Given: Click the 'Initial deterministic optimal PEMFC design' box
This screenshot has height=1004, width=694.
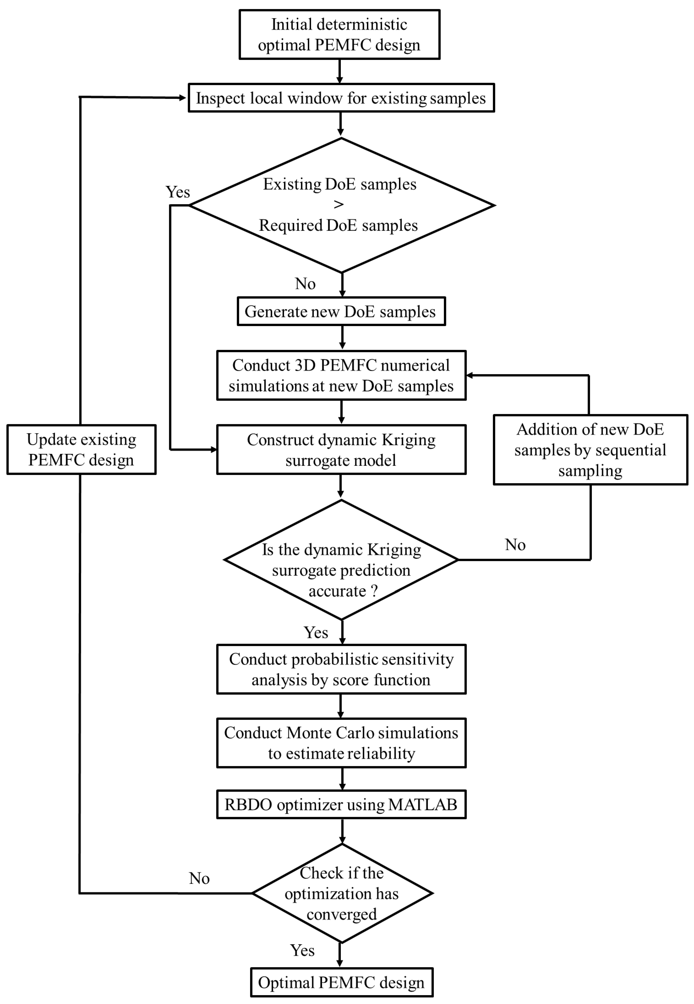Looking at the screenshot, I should (339, 35).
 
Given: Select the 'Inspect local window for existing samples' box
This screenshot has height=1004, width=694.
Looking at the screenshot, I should (341, 98).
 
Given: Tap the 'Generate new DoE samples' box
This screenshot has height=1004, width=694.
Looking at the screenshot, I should (341, 311).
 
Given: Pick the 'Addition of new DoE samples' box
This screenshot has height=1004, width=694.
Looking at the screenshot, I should (590, 450).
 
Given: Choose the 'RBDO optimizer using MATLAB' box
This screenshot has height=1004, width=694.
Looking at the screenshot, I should (341, 804).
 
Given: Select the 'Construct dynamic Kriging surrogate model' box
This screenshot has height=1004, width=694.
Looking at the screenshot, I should (341, 450).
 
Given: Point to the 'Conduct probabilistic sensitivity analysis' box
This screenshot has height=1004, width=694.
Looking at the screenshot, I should (341, 669).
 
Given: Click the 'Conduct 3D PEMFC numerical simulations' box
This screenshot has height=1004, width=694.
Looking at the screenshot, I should (341, 375).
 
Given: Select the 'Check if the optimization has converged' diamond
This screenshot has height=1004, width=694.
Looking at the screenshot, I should (342, 893).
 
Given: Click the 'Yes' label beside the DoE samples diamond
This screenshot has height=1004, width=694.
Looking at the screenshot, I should (178, 192).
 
